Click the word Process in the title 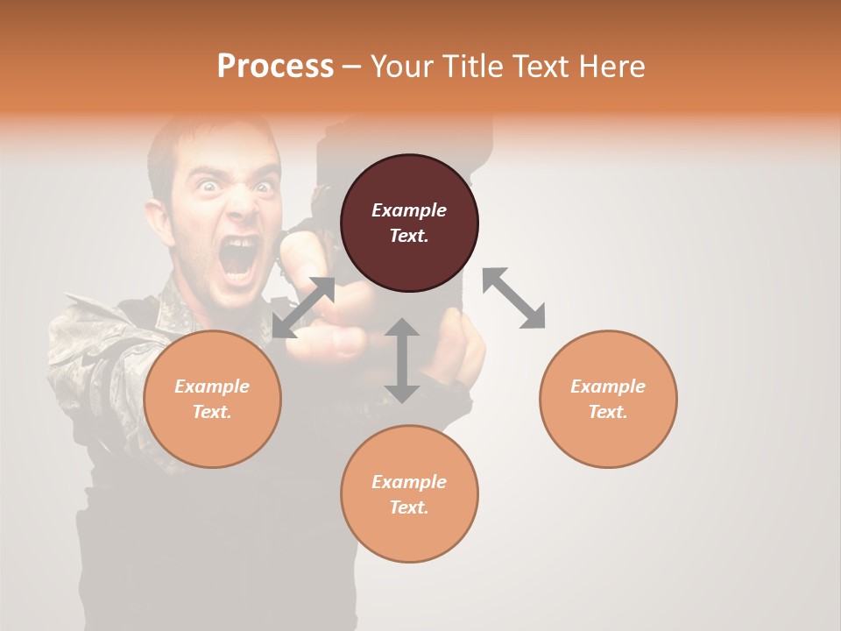click(x=275, y=66)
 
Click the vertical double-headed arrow click(x=402, y=360)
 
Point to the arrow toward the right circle click(x=513, y=298)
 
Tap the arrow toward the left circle click(x=303, y=307)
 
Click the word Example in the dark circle click(x=409, y=210)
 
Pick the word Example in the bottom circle click(x=409, y=482)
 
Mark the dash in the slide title click(x=352, y=67)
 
